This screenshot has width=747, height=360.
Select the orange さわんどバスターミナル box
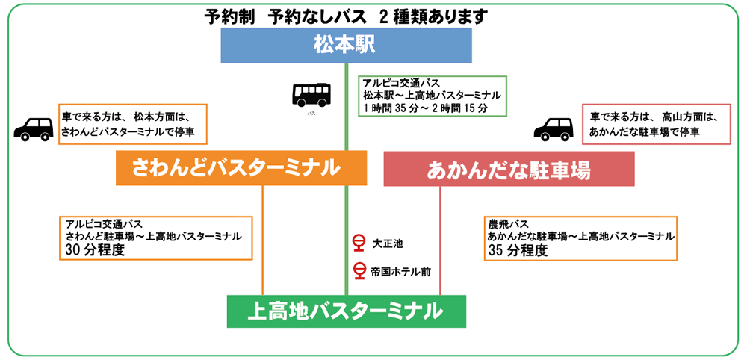pos(241,169)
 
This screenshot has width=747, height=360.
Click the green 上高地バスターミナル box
pos(346,311)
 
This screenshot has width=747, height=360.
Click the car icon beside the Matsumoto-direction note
pos(34,128)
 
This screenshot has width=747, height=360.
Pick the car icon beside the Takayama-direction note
pos(553,128)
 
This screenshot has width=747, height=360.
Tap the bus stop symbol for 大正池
pos(358,243)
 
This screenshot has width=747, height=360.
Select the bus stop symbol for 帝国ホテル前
pos(358,270)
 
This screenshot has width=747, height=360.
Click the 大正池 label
pos(388,243)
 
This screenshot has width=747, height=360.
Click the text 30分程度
pos(94,250)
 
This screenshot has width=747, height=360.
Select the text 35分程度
pos(517,251)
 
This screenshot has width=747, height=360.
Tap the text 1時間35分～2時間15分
pos(425,108)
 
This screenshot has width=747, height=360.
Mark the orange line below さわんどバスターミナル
pos(263,239)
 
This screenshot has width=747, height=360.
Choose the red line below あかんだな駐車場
pos(440,239)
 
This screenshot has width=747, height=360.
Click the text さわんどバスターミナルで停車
pos(132,131)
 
